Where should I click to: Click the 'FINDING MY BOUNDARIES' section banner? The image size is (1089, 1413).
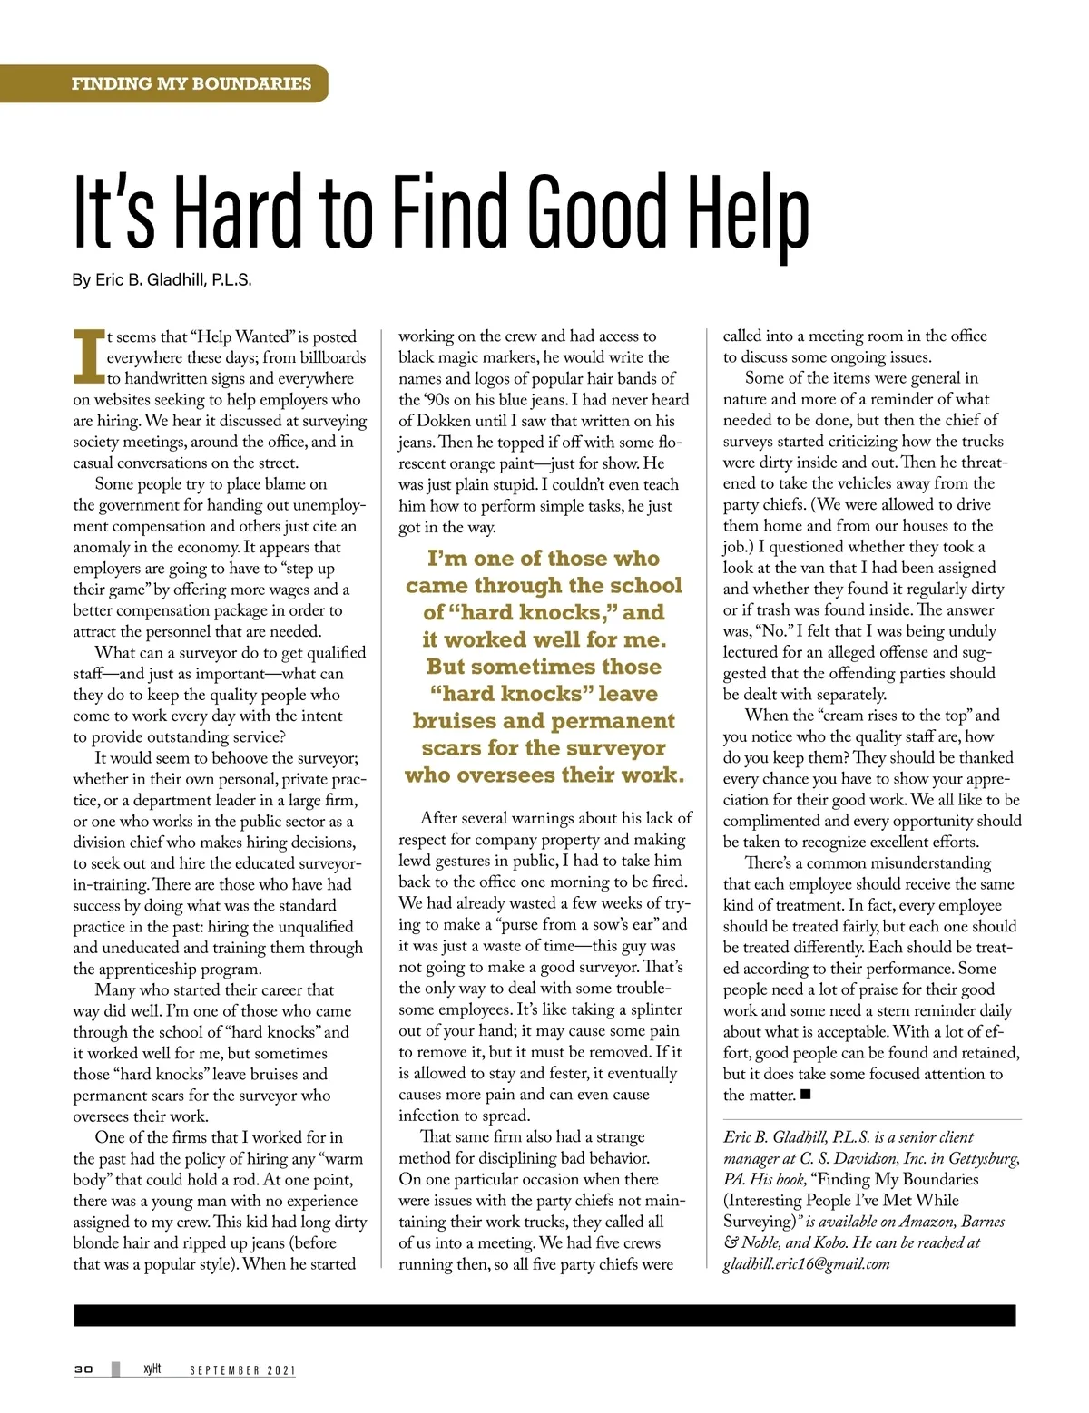(191, 83)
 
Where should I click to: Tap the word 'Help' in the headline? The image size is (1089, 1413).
(749, 214)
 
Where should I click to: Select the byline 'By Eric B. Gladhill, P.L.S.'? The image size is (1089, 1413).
(162, 280)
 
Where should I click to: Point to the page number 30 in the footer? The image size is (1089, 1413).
(83, 1369)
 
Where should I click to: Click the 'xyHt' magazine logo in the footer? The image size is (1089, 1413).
(152, 1369)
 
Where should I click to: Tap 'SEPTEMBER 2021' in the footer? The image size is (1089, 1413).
(242, 1370)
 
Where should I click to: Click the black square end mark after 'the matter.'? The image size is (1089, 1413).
(806, 1095)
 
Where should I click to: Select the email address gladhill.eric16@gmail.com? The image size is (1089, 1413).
(806, 1263)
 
